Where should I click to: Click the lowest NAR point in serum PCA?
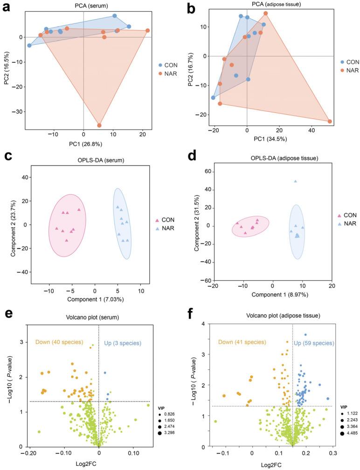point(99,125)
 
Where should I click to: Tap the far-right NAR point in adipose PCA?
point(330,121)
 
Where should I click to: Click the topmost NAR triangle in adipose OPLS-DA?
point(295,181)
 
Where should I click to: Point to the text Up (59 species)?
point(314,343)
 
